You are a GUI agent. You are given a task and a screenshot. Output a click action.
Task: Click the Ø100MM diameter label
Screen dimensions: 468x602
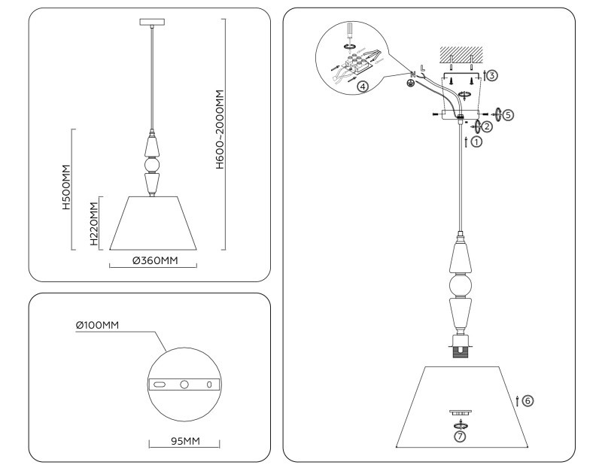pyautogui.click(x=98, y=325)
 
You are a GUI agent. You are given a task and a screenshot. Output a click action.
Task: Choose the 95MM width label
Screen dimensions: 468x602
pyautogui.click(x=184, y=441)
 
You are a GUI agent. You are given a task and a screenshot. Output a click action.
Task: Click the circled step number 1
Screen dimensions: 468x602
pyautogui.click(x=477, y=141)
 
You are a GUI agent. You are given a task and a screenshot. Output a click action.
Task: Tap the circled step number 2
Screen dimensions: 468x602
pyautogui.click(x=487, y=126)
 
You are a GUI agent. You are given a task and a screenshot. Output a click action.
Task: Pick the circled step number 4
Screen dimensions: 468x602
pyautogui.click(x=363, y=87)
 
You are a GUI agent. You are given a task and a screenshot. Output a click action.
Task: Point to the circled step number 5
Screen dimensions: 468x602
pyautogui.click(x=508, y=115)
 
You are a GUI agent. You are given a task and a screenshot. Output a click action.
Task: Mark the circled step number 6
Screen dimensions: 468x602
pyautogui.click(x=528, y=400)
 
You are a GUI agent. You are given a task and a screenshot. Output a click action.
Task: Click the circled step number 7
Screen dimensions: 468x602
pyautogui.click(x=459, y=436)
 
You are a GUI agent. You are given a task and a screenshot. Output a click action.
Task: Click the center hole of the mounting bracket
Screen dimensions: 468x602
pyautogui.click(x=184, y=384)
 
